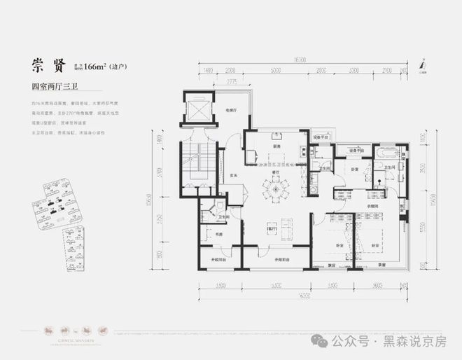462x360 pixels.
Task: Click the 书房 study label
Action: (209, 233)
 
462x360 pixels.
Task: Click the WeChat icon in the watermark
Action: (319, 341)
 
